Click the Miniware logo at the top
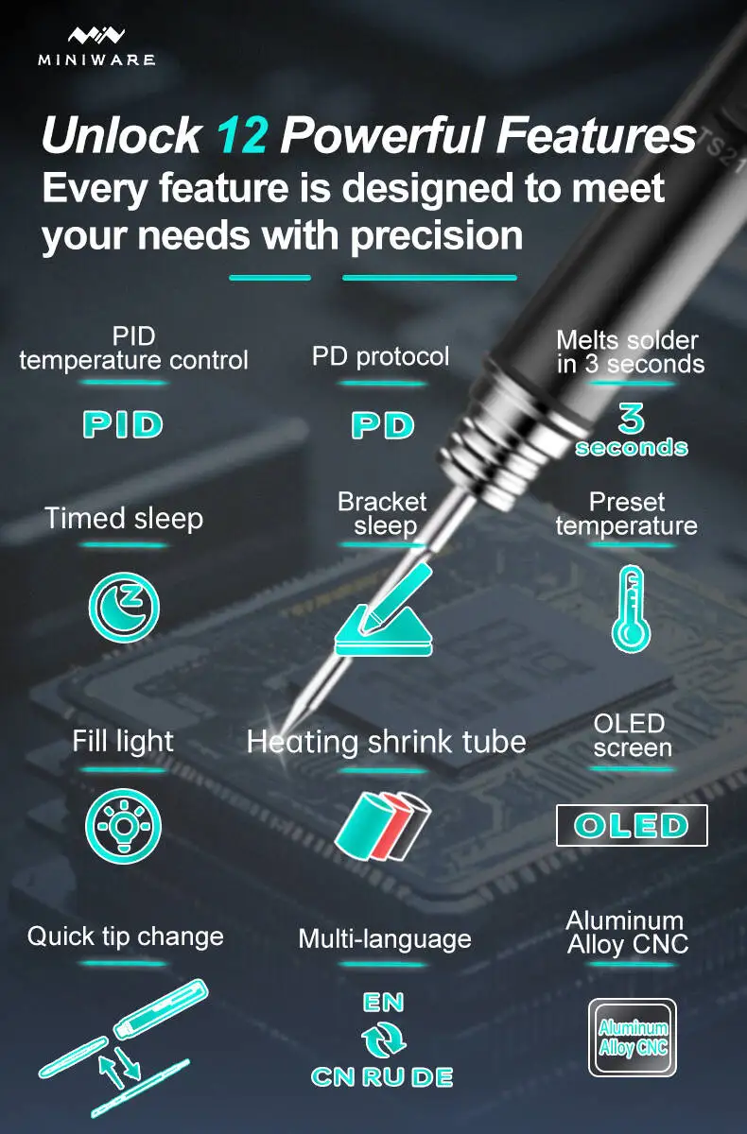pyautogui.click(x=96, y=46)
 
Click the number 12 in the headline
pyautogui.click(x=241, y=135)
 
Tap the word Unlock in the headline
pyautogui.click(x=122, y=134)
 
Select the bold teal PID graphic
pyautogui.click(x=123, y=424)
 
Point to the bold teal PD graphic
pyautogui.click(x=383, y=425)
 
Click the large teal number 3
pyautogui.click(x=631, y=418)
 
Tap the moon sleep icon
pyautogui.click(x=124, y=607)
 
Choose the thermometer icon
pyautogui.click(x=631, y=608)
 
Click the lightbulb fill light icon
pyautogui.click(x=123, y=826)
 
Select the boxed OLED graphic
pyautogui.click(x=632, y=825)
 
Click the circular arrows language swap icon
pyautogui.click(x=383, y=1039)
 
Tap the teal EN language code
pyautogui.click(x=383, y=1003)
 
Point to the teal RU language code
pyautogui.click(x=384, y=1076)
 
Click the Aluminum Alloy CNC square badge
pyautogui.click(x=633, y=1038)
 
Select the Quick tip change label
pyautogui.click(x=126, y=937)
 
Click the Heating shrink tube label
pyautogui.click(x=387, y=742)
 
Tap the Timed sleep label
pyautogui.click(x=124, y=519)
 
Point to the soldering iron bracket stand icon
pyautogui.click(x=383, y=610)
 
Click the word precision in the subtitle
pyautogui.click(x=437, y=235)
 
